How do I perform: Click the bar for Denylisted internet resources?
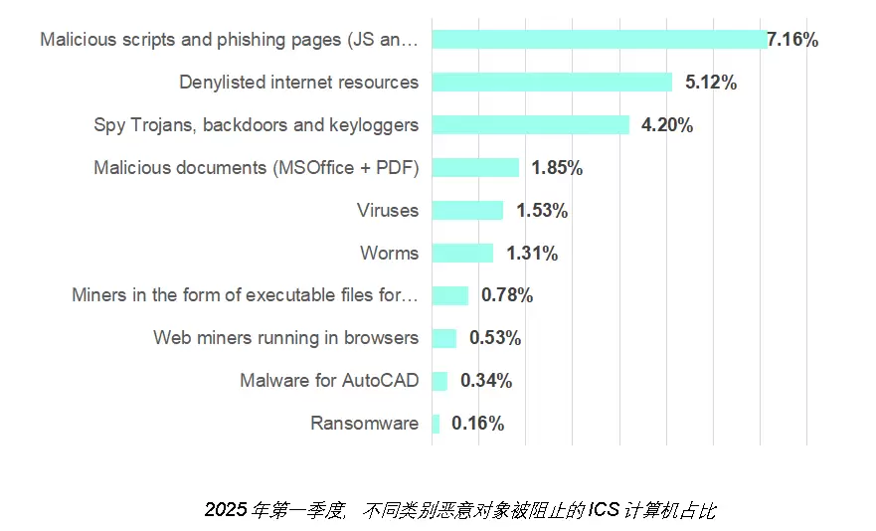[x=552, y=83]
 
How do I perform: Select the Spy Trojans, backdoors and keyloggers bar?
[x=531, y=125]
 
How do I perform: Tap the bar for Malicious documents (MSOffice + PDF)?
[x=475, y=168]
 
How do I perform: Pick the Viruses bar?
[x=467, y=211]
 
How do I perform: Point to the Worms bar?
[x=462, y=254]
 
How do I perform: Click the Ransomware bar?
[x=436, y=424]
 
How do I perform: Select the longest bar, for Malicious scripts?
[x=599, y=40]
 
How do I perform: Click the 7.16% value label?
[x=792, y=40]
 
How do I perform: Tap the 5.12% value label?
[x=711, y=83]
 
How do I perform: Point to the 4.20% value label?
[x=667, y=125]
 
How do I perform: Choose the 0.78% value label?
[x=507, y=295]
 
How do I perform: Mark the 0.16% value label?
[x=477, y=424]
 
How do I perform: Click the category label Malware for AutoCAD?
[x=329, y=381]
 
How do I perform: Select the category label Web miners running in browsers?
[x=285, y=338]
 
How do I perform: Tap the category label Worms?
[x=389, y=254]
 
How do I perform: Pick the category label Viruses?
[x=388, y=211]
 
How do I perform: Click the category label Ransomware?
[x=364, y=424]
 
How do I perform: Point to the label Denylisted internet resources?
[x=298, y=83]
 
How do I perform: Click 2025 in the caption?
[x=225, y=511]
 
